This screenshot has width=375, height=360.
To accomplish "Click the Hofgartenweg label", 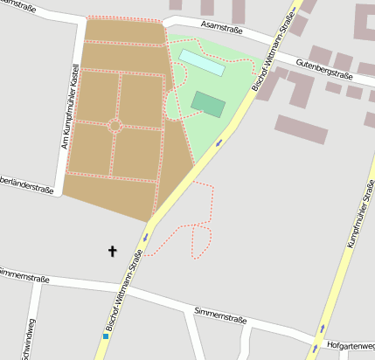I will click(x=350, y=346).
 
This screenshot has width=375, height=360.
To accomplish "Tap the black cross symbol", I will click(x=112, y=252).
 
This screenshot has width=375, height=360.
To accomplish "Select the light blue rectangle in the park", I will click(x=202, y=62).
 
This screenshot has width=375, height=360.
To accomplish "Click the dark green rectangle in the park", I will click(x=208, y=104).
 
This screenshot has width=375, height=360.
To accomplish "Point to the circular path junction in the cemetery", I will click(x=115, y=125).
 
